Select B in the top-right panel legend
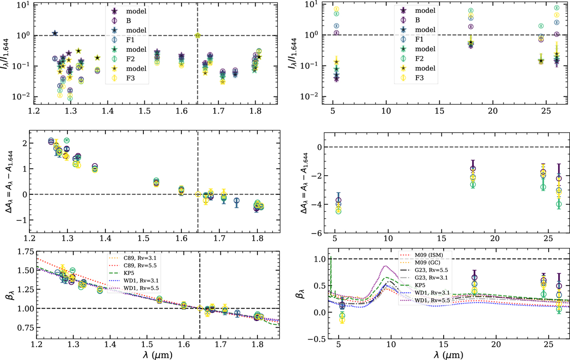418,19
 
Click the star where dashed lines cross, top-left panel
198,35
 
